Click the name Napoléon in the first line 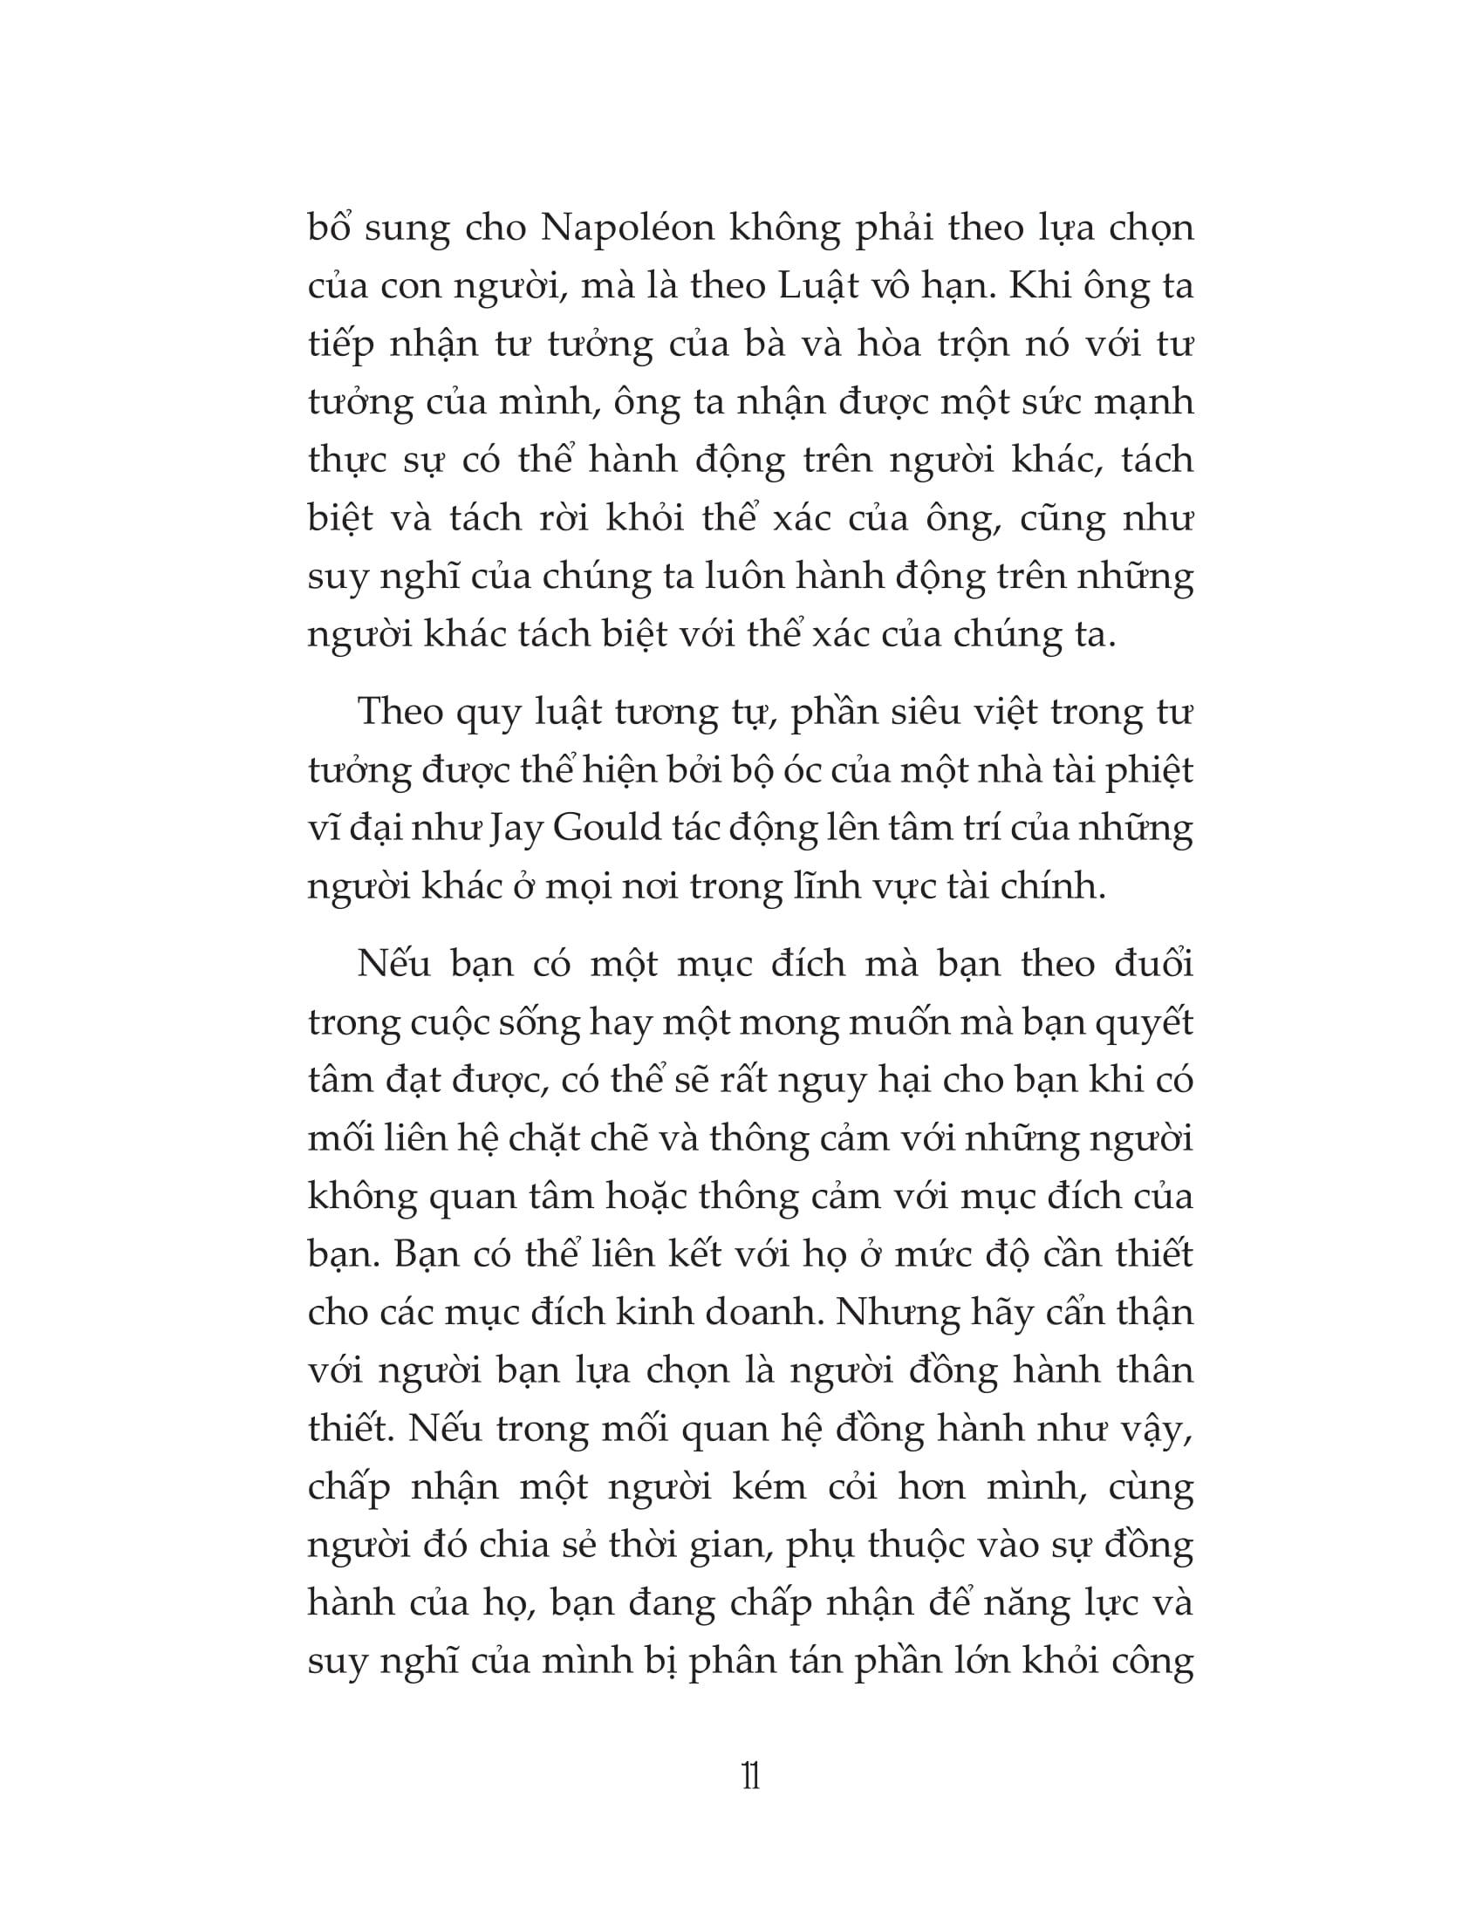(x=627, y=228)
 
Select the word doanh (x=768, y=1313)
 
